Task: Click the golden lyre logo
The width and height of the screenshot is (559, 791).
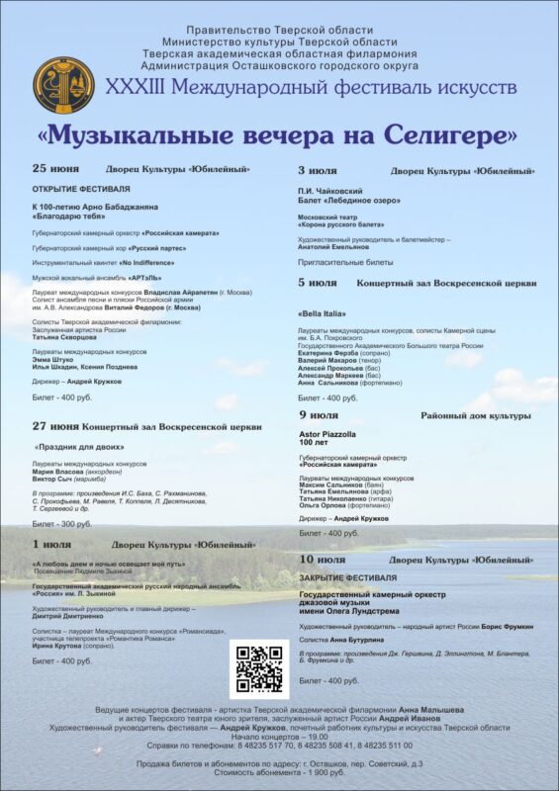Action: point(63,85)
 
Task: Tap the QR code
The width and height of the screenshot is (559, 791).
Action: point(259,668)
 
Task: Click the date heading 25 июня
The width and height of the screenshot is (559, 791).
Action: point(56,169)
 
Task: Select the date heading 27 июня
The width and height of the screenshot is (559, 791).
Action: point(56,426)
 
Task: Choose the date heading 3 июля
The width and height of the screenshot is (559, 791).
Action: point(318,171)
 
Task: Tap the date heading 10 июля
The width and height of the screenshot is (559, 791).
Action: point(323,560)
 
